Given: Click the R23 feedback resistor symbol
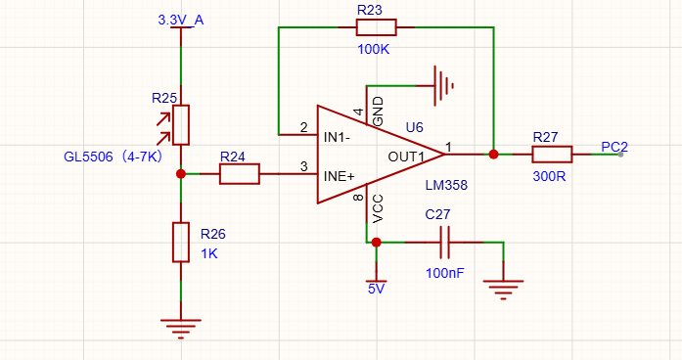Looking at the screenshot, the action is click(377, 27).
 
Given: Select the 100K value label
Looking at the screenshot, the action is click(373, 49).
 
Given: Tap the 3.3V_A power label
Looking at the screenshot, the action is click(180, 20).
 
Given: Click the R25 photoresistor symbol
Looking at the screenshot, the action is click(180, 125).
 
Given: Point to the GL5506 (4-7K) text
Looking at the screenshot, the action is click(114, 157).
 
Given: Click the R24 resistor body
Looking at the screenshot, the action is click(239, 174).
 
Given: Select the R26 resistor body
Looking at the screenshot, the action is click(180, 243).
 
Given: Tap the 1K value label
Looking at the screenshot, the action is click(209, 253).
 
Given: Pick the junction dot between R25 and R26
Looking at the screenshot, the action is click(181, 174).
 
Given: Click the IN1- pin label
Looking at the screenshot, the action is click(337, 137).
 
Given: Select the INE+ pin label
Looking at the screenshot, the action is click(340, 176).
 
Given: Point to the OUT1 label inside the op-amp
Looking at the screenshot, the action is click(406, 157).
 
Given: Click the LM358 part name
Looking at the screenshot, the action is click(446, 185).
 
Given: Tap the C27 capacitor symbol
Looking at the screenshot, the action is click(444, 243).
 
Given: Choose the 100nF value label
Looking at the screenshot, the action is click(444, 273).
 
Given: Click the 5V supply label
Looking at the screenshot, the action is click(377, 289).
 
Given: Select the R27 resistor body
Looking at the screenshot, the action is click(552, 155).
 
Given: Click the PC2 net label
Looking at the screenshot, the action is click(614, 147).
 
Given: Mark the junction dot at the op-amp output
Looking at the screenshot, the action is click(493, 155).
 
